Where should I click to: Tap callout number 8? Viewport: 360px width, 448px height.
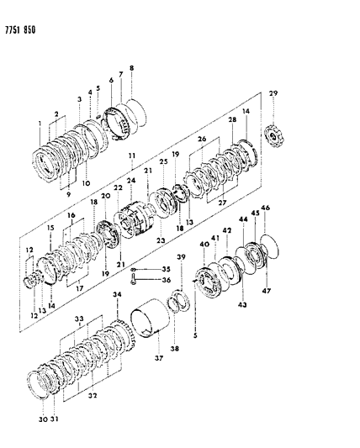click(x=130, y=67)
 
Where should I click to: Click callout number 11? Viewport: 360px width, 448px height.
click(x=131, y=157)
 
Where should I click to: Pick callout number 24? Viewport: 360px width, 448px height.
click(x=131, y=180)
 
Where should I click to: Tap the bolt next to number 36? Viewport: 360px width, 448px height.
click(x=135, y=281)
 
